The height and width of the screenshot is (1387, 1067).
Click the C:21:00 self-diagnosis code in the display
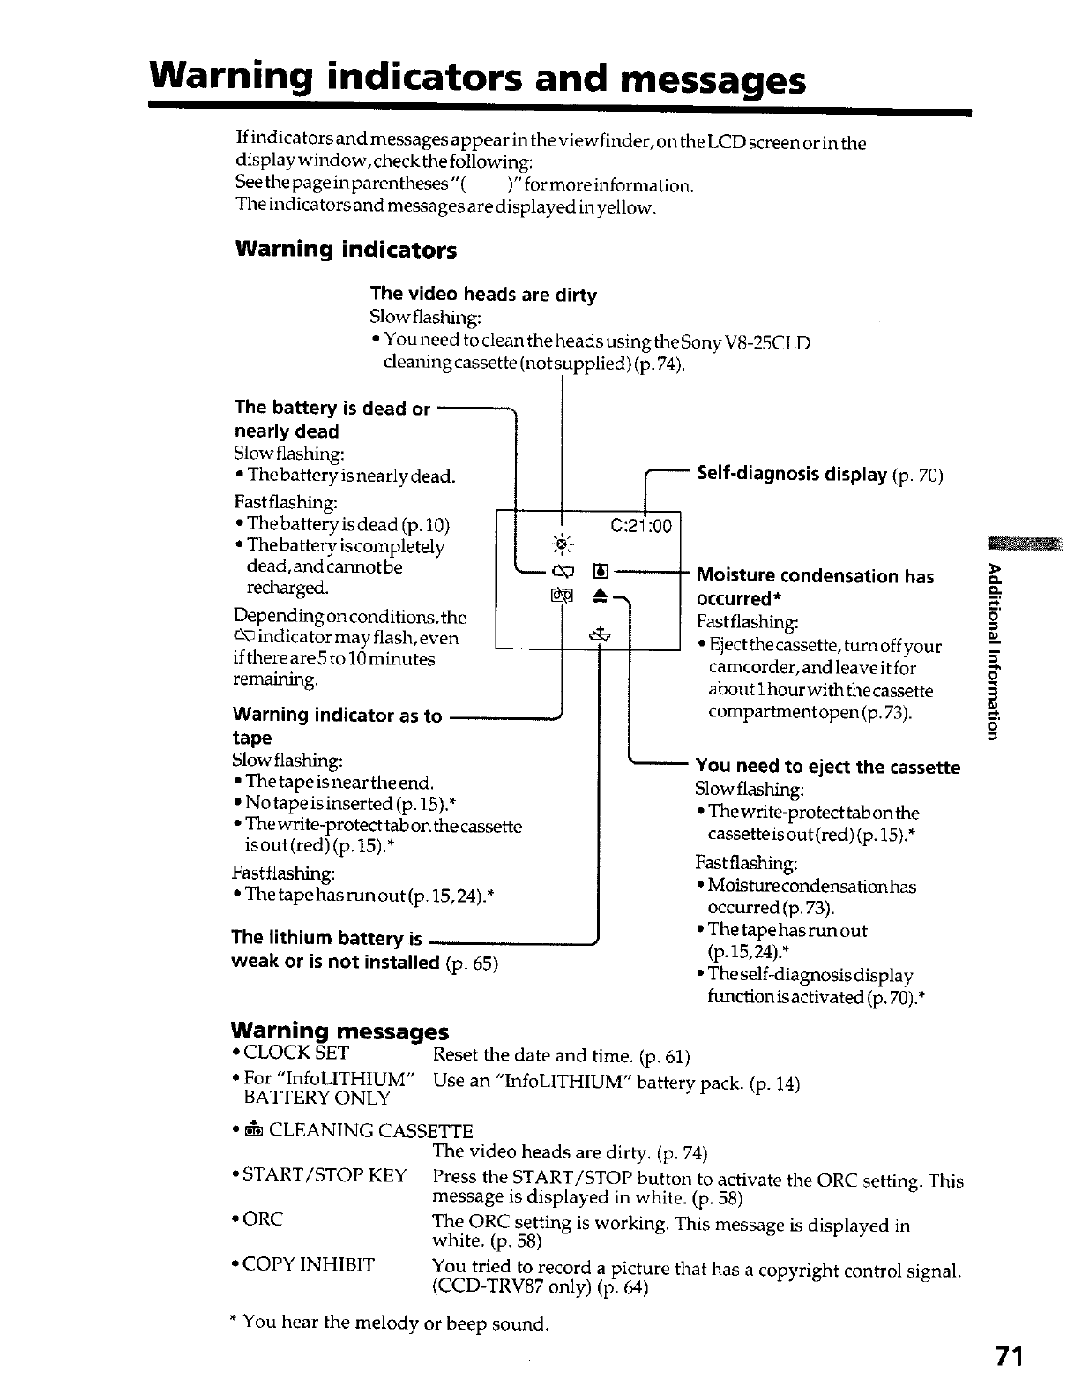(x=641, y=527)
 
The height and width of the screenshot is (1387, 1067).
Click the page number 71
(x=1005, y=1355)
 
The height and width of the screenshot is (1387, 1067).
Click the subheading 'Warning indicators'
(x=346, y=250)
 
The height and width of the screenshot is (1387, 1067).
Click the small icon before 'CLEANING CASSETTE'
(x=253, y=1131)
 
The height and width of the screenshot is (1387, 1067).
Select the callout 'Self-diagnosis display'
(x=792, y=475)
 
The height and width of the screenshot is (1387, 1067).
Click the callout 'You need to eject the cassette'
(x=827, y=767)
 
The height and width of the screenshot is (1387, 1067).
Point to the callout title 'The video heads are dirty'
(x=483, y=295)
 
